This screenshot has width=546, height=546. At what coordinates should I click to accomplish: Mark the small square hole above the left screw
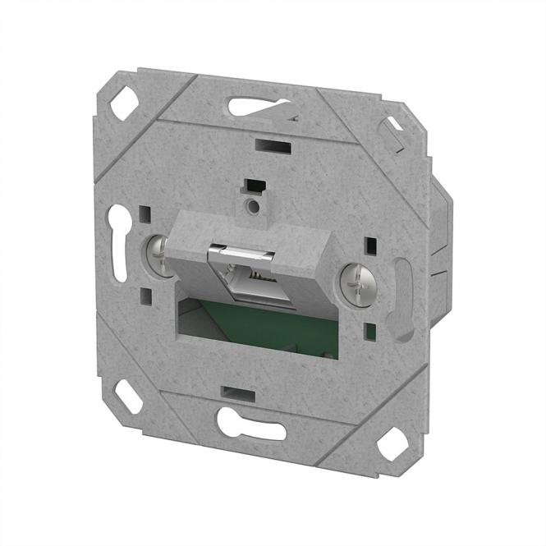145,217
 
